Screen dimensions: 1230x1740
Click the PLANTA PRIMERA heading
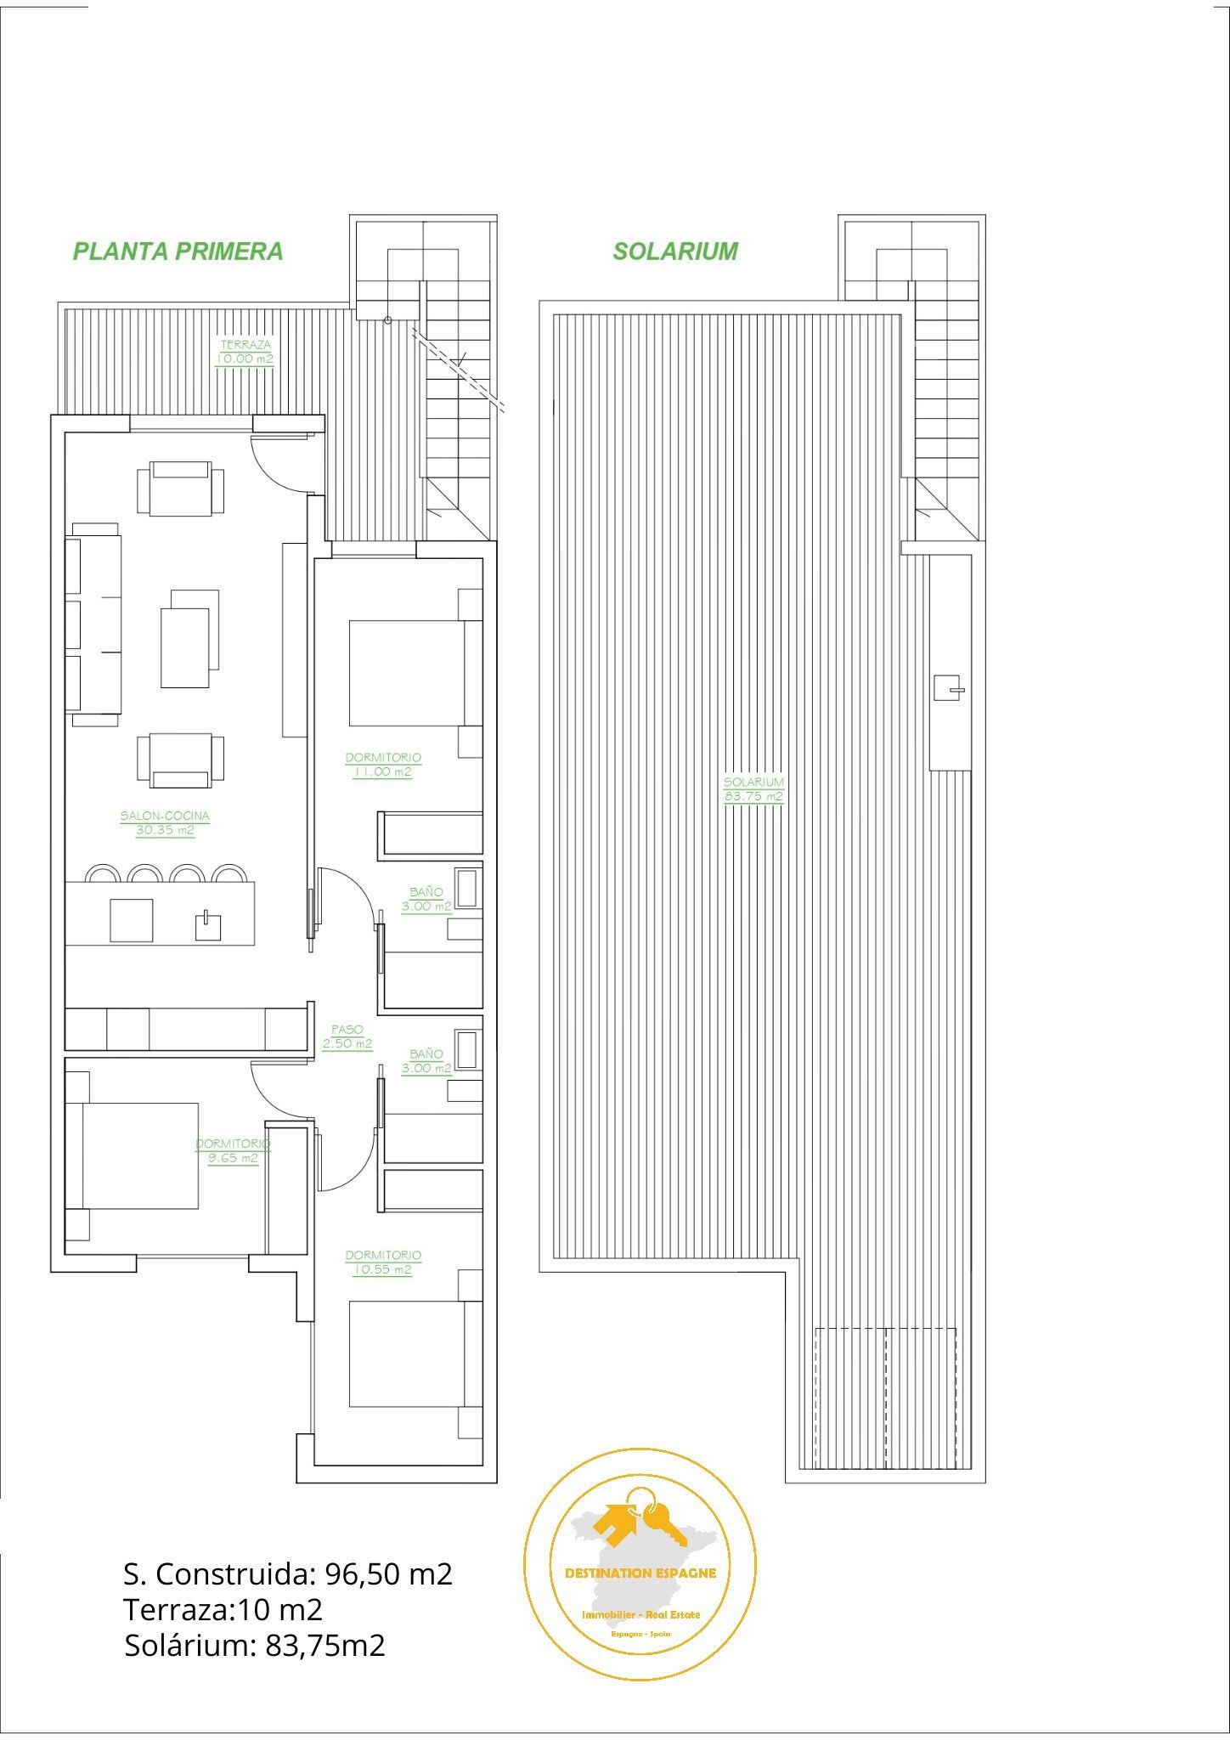pyautogui.click(x=178, y=251)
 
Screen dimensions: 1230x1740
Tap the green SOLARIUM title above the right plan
pyautogui.click(x=675, y=251)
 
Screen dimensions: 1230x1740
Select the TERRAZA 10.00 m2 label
pyautogui.click(x=245, y=352)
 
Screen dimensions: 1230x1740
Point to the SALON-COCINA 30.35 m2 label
pyautogui.click(x=165, y=823)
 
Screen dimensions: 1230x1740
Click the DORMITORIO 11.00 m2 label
pyautogui.click(x=382, y=765)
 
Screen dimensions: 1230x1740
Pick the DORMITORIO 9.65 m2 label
pyautogui.click(x=233, y=1151)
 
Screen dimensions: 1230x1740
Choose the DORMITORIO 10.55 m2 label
pyautogui.click(x=382, y=1262)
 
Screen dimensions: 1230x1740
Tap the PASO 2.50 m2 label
pyautogui.click(x=347, y=1037)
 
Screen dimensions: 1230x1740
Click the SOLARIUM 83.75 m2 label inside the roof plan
pyautogui.click(x=753, y=789)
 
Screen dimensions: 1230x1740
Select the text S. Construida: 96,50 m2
pyautogui.click(x=288, y=1573)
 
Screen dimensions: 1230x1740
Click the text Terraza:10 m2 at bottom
pyautogui.click(x=223, y=1609)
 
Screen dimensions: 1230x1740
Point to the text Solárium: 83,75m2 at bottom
pyautogui.click(x=255, y=1645)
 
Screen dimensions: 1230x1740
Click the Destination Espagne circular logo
pyautogui.click(x=640, y=1564)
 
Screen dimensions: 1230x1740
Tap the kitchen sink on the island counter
pyautogui.click(x=208, y=924)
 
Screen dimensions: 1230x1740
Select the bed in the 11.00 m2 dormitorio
pyautogui.click(x=415, y=673)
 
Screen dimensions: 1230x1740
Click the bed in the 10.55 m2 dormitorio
pyautogui.click(x=415, y=1354)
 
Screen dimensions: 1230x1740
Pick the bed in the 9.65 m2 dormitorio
pyautogui.click(x=132, y=1155)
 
